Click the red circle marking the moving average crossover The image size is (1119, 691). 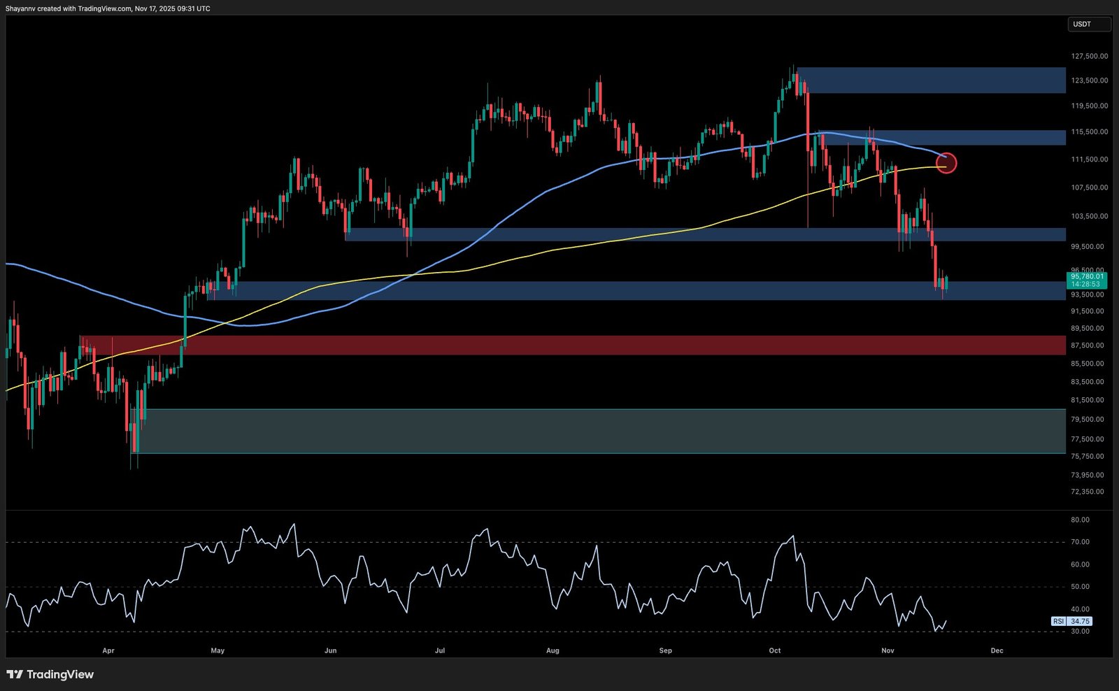click(x=946, y=163)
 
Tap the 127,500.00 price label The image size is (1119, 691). click(x=1089, y=56)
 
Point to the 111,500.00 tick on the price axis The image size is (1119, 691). click(x=1089, y=159)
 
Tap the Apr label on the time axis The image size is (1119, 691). click(x=108, y=650)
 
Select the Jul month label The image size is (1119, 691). click(x=440, y=650)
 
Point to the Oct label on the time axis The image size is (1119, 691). click(x=775, y=650)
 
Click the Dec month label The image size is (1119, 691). click(x=997, y=650)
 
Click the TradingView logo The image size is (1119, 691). click(x=50, y=674)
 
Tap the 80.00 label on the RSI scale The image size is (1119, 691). click(x=1080, y=520)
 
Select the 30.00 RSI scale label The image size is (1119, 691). click(x=1080, y=631)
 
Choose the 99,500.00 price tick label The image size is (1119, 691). click(x=1089, y=246)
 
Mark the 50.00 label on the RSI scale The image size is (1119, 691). click(x=1080, y=587)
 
